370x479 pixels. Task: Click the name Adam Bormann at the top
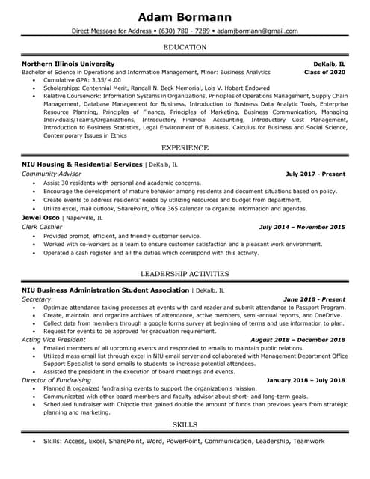tap(185, 16)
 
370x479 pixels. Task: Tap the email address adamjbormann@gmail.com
tap(256, 31)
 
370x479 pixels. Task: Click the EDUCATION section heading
tap(185, 47)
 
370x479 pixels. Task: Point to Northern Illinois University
tap(68, 64)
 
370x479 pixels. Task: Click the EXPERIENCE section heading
tap(185, 148)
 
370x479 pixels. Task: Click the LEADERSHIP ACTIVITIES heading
tap(185, 274)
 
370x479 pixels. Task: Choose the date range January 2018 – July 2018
tap(306, 380)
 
